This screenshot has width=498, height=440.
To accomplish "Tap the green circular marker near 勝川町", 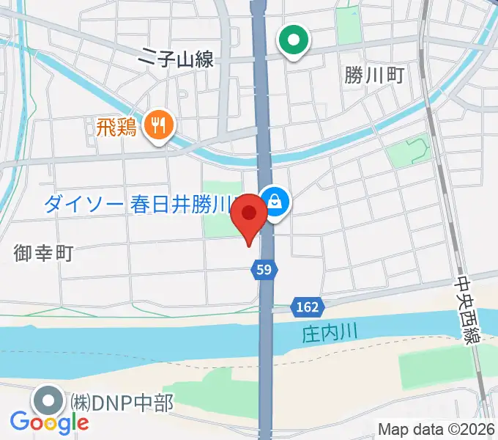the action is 295,41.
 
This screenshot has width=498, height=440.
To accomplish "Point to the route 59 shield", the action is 264,271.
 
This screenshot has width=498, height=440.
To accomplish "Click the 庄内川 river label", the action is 330,334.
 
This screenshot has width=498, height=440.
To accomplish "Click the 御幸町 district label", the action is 43,254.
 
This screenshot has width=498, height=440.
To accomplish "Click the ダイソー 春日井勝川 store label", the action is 138,205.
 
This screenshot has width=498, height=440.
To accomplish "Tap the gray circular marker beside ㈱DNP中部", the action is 50,401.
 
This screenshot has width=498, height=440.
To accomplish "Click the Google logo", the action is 49,422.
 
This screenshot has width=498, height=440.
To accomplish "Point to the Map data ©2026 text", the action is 436,429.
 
